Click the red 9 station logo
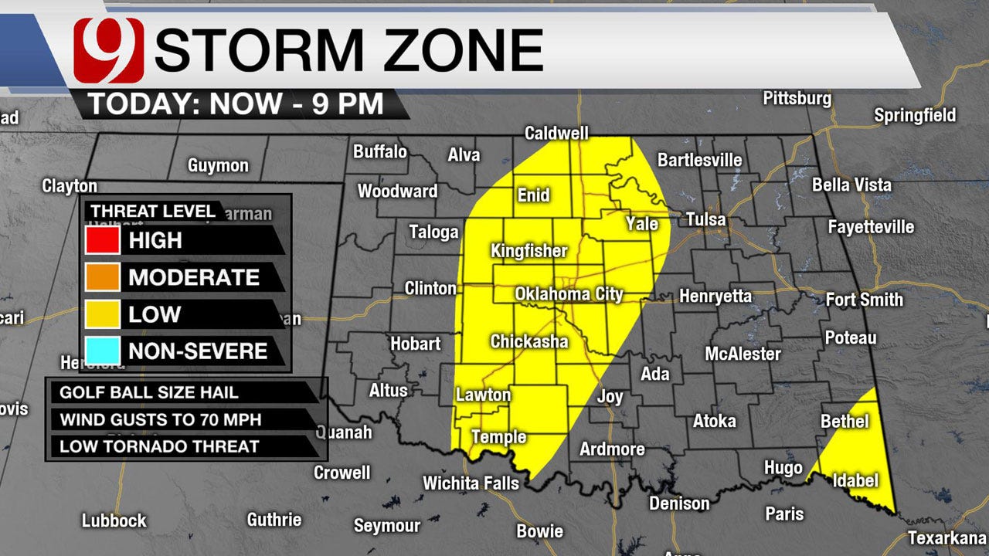coord(109,50)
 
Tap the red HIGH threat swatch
coord(102,240)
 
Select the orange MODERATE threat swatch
coord(102,277)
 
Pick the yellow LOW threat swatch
coord(102,314)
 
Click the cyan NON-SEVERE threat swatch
coord(102,351)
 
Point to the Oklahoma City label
coord(569,294)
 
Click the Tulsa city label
coord(705,219)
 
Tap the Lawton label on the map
coord(483,395)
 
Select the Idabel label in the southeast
coord(855,481)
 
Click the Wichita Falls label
coord(471,483)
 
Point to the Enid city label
coord(533,195)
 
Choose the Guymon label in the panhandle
coord(218,166)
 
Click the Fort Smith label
coord(864,300)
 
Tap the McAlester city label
coord(743,354)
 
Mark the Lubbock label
coord(114,520)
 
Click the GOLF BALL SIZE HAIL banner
coord(182,392)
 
